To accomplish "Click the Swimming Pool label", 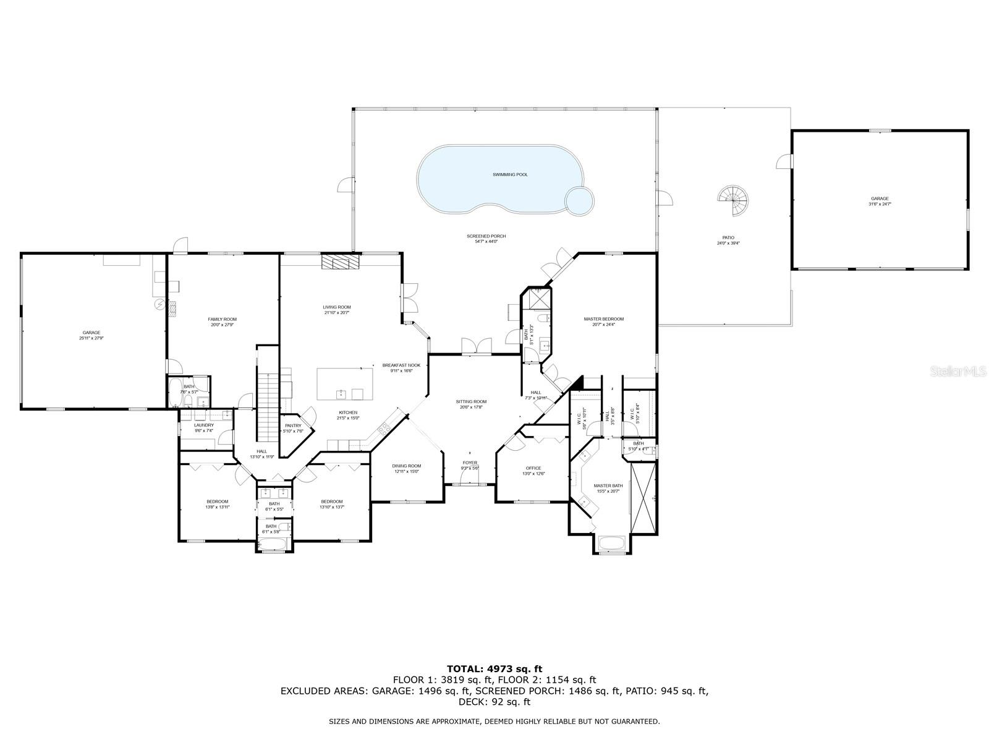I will pos(510,175).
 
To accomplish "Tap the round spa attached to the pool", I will pos(580,200).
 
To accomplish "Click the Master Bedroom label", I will pos(603,319).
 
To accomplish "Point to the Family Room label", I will pos(222,319).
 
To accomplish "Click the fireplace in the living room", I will pos(339,262).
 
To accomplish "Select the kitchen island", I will pos(345,384).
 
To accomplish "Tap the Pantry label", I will pos(292,425).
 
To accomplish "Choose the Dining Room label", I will pos(406,466).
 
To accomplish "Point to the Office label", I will pos(533,468).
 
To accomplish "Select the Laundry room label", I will pos(203,425).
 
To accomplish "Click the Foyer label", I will pos(470,463).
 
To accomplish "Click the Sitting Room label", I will pos(471,401).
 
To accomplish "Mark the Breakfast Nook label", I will pos(401,365).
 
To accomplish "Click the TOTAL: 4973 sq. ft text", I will pos(494,668).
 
